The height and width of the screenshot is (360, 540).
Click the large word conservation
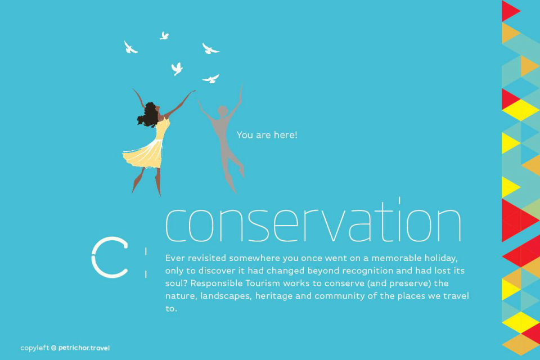[x=313, y=220]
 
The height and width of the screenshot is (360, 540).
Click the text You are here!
[x=267, y=134]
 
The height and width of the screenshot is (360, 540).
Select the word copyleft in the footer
[x=35, y=348]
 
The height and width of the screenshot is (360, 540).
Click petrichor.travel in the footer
[x=84, y=348]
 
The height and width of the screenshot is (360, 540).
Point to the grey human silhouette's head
[x=223, y=111]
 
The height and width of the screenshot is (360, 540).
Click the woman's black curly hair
[x=148, y=115]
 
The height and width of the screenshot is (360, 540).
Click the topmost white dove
[x=164, y=36]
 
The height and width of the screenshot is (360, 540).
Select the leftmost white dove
[x=130, y=48]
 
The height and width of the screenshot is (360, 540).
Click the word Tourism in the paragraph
[x=263, y=283]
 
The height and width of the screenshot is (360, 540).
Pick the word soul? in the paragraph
[x=176, y=283]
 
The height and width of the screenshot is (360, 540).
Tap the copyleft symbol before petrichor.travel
[x=54, y=348]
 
